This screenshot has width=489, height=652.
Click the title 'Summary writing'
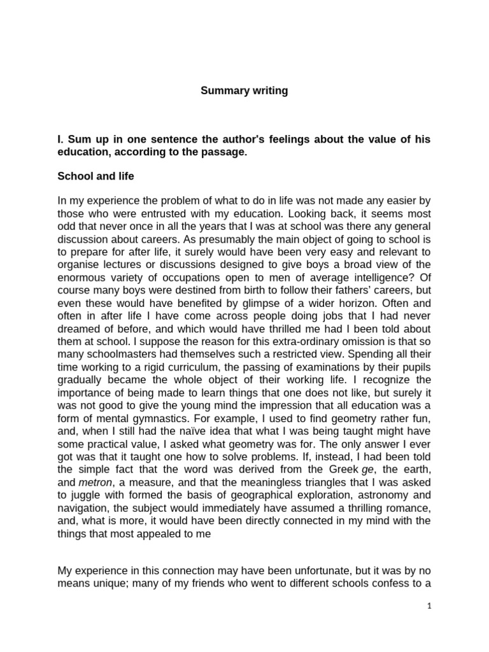[x=244, y=90]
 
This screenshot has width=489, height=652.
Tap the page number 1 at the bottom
[x=429, y=607]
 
